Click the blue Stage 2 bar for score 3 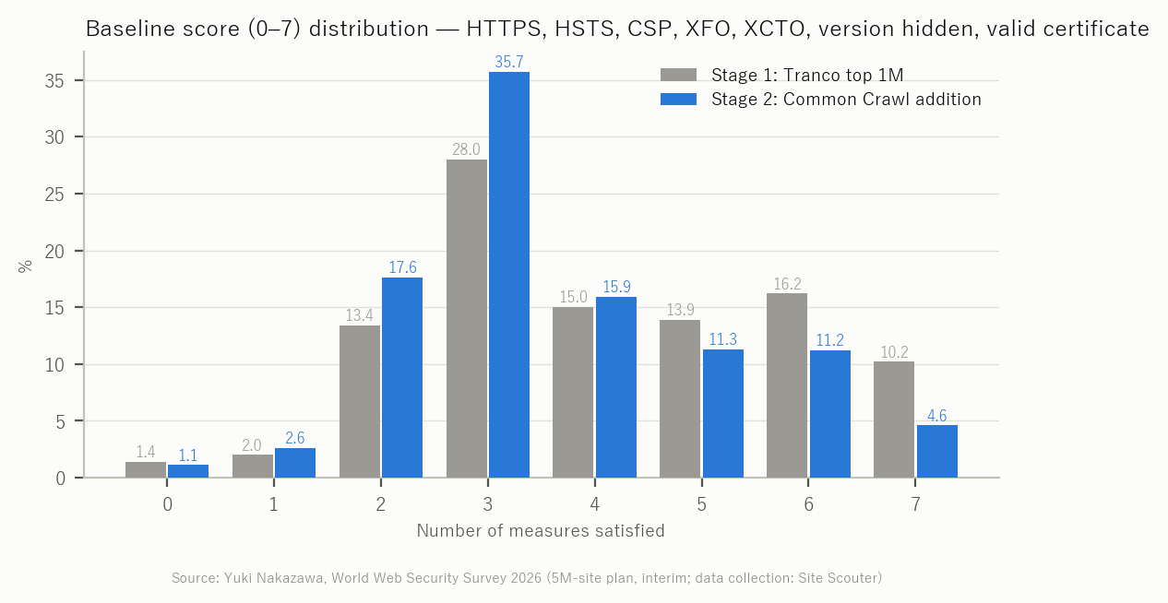point(509,275)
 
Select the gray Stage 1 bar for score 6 point(787,385)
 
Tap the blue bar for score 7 point(937,452)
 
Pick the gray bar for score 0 point(146,469)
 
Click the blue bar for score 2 point(402,377)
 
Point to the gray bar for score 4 point(573,392)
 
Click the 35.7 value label point(509,62)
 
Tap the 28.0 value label point(466,149)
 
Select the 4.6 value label point(937,416)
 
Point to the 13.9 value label point(680,310)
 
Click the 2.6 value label point(295,438)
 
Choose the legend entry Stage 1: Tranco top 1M point(781,75)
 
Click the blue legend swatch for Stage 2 point(678,99)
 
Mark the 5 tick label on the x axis point(701,504)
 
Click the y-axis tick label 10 point(54,365)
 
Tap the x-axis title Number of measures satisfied point(541,530)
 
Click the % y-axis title point(25,266)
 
